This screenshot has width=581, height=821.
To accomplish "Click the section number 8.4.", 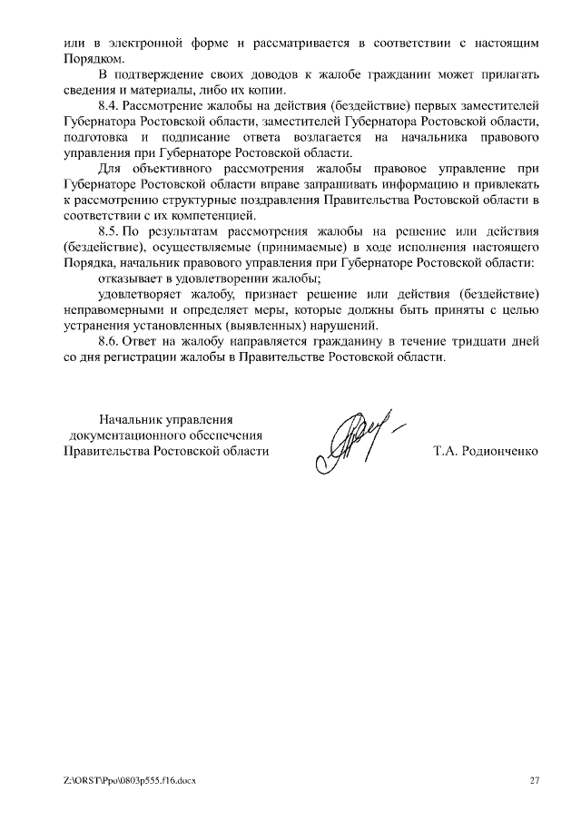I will [109, 106].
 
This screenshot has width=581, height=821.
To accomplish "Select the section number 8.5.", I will [109, 230].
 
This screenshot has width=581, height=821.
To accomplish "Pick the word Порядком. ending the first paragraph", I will [92, 58].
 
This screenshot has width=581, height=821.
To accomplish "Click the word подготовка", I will [97, 137].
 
